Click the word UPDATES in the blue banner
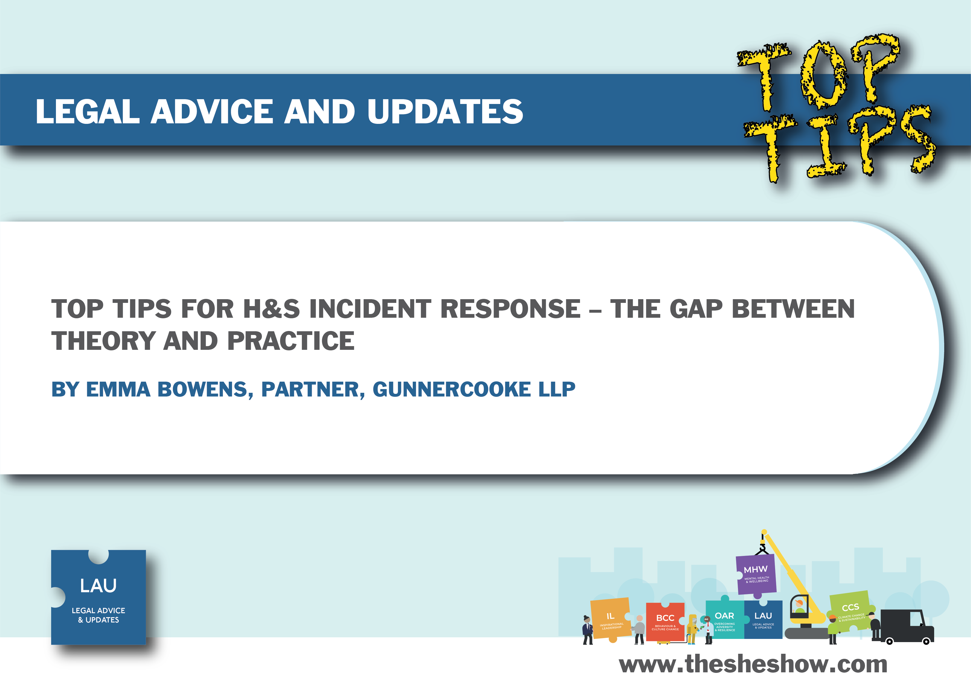(x=445, y=112)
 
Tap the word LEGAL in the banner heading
(x=87, y=112)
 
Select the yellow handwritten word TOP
(x=818, y=72)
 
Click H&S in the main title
(x=271, y=309)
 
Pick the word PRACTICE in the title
(x=291, y=341)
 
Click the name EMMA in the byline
(x=118, y=389)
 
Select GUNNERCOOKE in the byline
(x=451, y=389)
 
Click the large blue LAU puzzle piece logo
(x=99, y=597)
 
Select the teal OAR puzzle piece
(x=724, y=618)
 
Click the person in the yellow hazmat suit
(x=691, y=629)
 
